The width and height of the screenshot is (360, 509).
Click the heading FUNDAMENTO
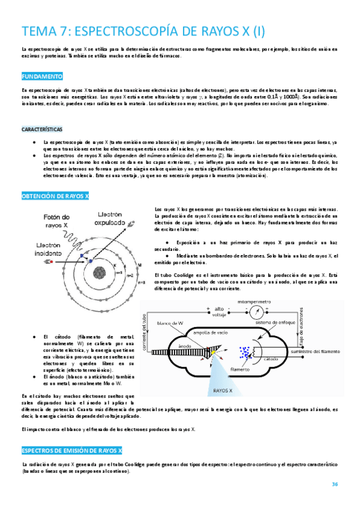coord(42,77)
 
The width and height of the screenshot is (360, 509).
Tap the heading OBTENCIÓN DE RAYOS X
coord(55,196)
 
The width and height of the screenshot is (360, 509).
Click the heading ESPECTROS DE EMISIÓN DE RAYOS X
coord(71,450)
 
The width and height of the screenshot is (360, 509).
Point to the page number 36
coord(335,484)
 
